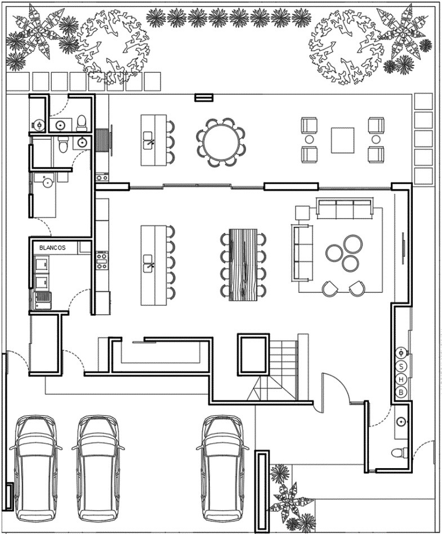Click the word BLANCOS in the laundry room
pyautogui.click(x=52, y=247)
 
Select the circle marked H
pyautogui.click(x=401, y=379)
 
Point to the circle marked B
pyautogui.click(x=401, y=391)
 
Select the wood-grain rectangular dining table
pyautogui.click(x=243, y=264)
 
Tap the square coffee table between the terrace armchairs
pyautogui.click(x=342, y=140)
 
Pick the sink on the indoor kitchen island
pyautogui.click(x=149, y=264)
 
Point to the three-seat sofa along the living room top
pyautogui.click(x=344, y=209)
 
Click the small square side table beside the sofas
pyautogui.click(x=302, y=212)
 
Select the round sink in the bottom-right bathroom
pyautogui.click(x=400, y=421)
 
